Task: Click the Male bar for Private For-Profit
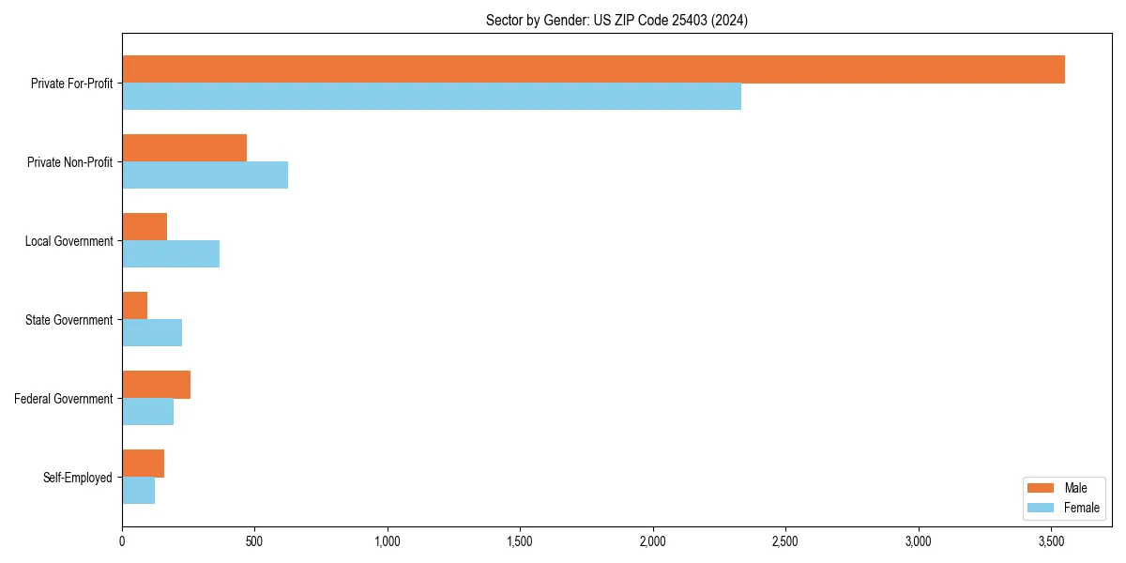coord(593,69)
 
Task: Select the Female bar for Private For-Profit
coord(432,97)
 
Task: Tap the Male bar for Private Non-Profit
coord(184,148)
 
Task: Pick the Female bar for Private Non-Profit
coord(205,175)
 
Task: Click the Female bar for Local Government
coord(171,254)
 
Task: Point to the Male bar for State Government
coord(134,306)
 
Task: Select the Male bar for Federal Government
coord(156,385)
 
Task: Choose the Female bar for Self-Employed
coord(138,491)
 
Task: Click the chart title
coord(616,20)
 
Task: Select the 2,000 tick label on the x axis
coord(652,541)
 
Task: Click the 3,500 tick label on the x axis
coord(1051,541)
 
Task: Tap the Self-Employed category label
coord(78,478)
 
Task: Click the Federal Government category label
coord(64,399)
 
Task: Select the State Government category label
coord(69,320)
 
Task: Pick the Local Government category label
coord(69,241)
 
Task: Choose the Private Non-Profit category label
coord(69,162)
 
